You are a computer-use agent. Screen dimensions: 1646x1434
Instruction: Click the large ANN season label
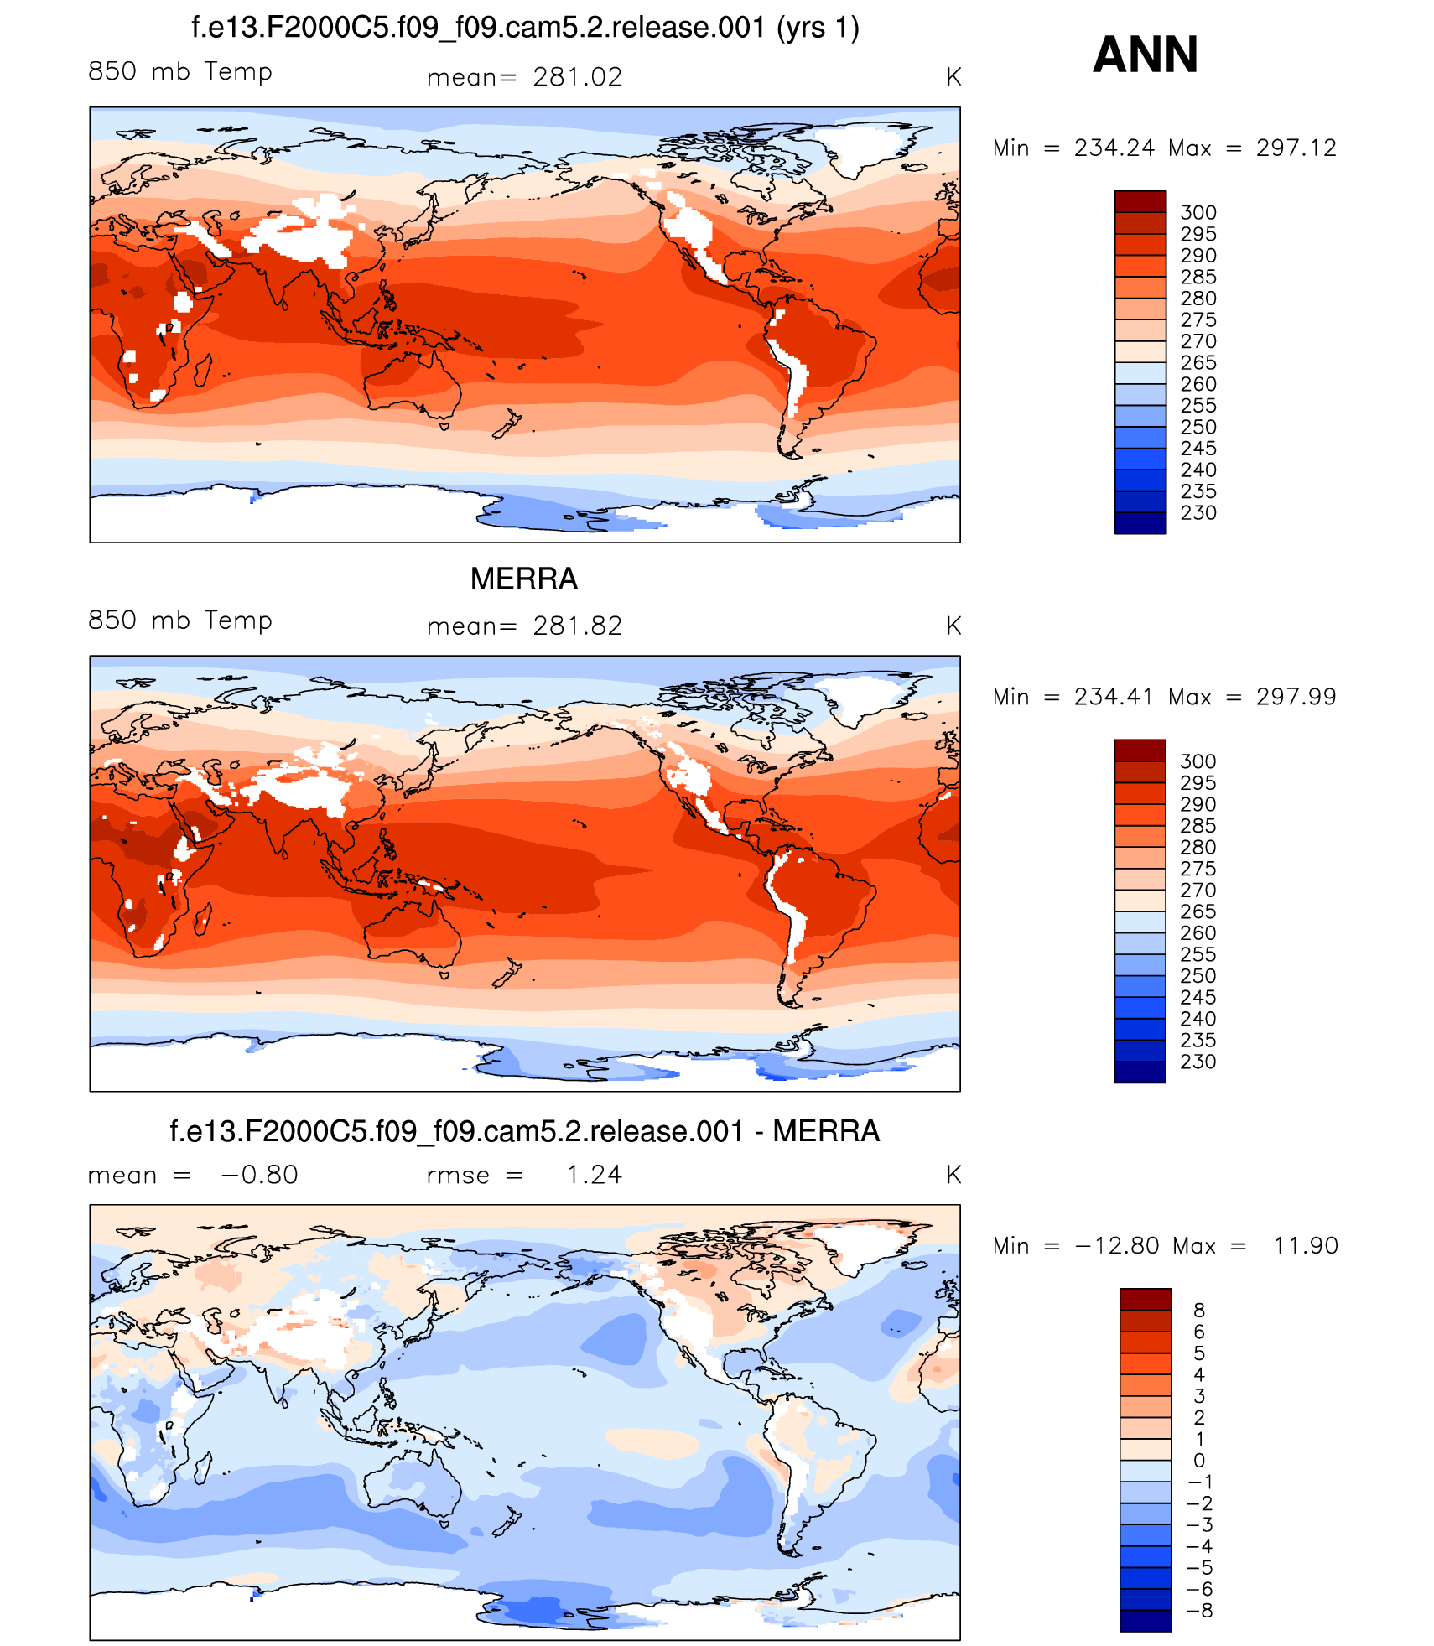(1145, 55)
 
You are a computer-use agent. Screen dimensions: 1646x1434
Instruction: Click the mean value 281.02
(577, 77)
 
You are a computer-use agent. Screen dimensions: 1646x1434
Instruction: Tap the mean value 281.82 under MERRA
(577, 626)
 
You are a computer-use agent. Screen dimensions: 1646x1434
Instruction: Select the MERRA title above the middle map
(523, 579)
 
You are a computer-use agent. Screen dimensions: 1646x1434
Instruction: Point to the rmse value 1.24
(594, 1175)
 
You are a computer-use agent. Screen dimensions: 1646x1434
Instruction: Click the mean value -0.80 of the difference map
(259, 1175)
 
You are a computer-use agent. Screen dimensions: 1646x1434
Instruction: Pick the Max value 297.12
(1296, 148)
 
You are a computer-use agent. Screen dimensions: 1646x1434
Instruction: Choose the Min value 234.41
(1114, 697)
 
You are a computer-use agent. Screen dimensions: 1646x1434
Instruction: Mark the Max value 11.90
(1305, 1246)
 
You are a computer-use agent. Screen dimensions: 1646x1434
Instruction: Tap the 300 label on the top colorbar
(1198, 213)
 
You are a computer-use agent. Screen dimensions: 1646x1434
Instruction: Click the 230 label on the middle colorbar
(1198, 1062)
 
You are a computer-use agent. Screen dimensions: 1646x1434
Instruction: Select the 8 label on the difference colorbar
(1199, 1311)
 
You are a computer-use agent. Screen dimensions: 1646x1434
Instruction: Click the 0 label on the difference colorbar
(1199, 1461)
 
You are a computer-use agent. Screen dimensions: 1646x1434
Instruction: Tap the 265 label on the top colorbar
(1198, 363)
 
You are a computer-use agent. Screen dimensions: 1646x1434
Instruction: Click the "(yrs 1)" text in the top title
(818, 28)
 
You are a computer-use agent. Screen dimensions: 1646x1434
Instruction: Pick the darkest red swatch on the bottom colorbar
(1145, 1299)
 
